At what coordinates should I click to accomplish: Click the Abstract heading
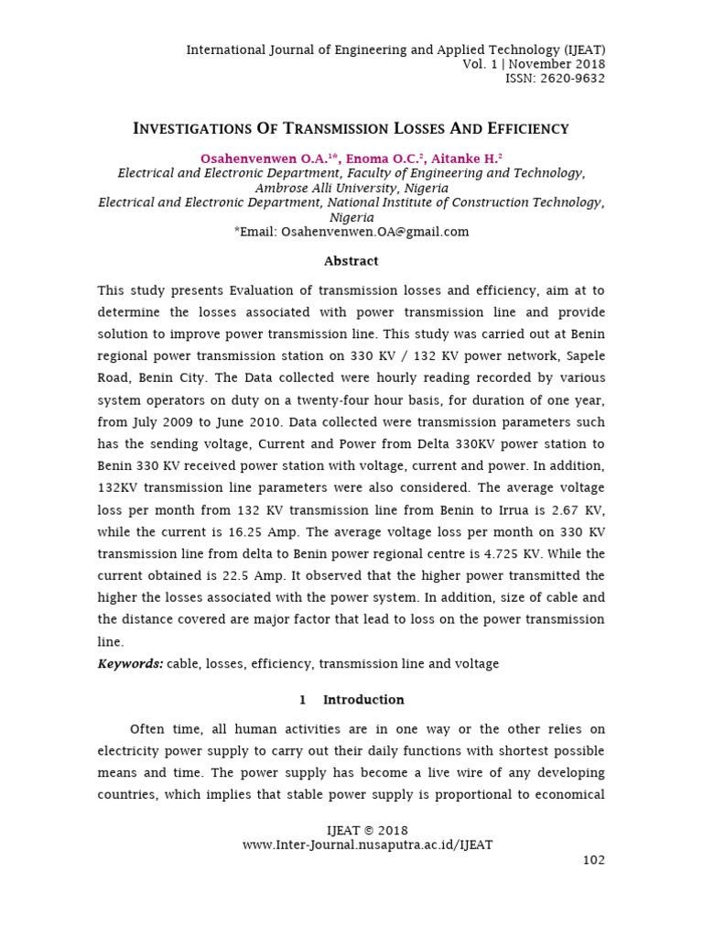pos(351,261)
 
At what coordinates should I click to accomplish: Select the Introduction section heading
pos(363,700)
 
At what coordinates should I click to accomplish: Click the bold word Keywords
pos(130,663)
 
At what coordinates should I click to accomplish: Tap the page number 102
pos(593,860)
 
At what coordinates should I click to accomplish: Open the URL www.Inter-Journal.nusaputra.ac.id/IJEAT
pos(367,845)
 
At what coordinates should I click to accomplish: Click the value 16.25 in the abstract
pos(249,531)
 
